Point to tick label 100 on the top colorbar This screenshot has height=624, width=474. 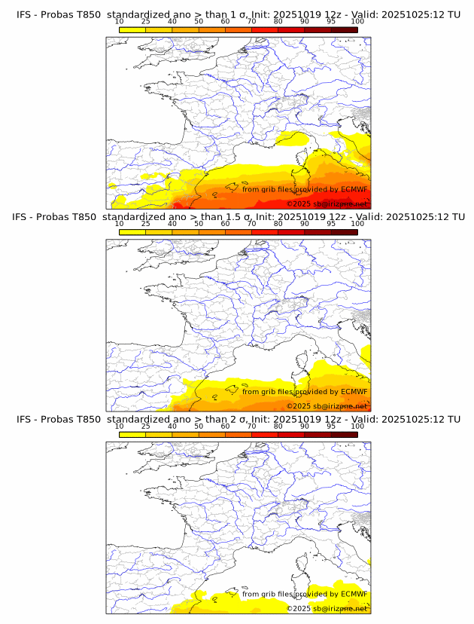pos(357,21)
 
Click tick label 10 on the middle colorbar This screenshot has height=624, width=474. pos(120,224)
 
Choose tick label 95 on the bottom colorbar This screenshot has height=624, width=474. pos(331,426)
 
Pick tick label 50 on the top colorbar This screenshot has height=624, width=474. pos(199,21)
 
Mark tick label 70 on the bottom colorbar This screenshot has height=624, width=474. pos(251,426)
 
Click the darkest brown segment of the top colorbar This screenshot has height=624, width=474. pos(344,29)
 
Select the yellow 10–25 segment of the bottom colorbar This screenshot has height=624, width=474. pos(132,434)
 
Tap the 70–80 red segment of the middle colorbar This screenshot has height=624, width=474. pos(265,232)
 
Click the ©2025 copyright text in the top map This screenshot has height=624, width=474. pos(327,204)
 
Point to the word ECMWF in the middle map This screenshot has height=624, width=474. pos(354,392)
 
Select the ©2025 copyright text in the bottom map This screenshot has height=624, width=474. pos(327,608)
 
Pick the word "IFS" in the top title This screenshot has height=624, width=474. pos(25,14)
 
